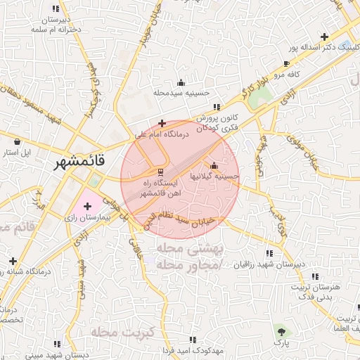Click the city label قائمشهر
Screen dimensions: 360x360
click(x=81, y=161)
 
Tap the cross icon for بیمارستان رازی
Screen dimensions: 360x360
click(x=87, y=206)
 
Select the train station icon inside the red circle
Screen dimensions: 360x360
click(x=161, y=171)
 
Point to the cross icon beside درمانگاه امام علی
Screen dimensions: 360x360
click(x=162, y=122)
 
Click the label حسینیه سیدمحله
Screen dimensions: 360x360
click(x=181, y=93)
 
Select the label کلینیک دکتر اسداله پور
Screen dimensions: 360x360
click(x=323, y=49)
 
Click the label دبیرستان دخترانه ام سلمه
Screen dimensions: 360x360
click(x=56, y=26)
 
